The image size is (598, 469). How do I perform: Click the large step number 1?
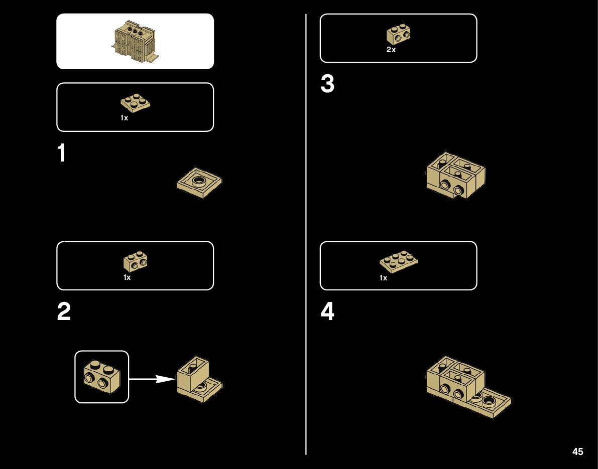click(x=61, y=153)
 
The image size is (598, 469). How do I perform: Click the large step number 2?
click(x=64, y=312)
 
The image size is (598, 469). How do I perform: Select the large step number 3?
click(x=327, y=85)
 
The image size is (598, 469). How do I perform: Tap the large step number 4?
click(x=327, y=312)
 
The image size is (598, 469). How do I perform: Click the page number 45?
click(x=577, y=451)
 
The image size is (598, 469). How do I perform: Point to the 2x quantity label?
click(x=391, y=50)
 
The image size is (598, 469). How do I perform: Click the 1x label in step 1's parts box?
click(x=124, y=118)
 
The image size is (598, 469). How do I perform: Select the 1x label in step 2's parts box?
click(x=127, y=277)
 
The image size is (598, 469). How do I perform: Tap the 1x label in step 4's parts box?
click(x=383, y=278)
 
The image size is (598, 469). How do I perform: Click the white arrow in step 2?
click(x=151, y=379)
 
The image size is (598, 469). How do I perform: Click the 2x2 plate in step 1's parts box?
click(x=136, y=102)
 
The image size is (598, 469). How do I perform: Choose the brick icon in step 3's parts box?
click(x=400, y=34)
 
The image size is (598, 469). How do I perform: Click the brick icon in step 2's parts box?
click(x=135, y=261)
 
